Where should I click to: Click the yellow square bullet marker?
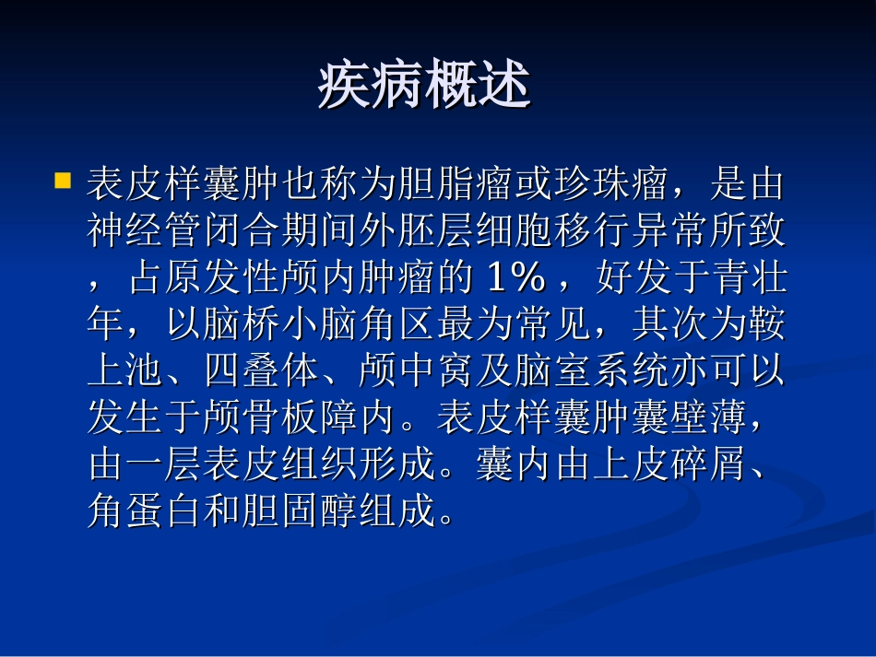(63, 180)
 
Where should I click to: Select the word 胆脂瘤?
(456, 184)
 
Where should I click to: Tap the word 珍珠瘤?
(610, 184)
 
